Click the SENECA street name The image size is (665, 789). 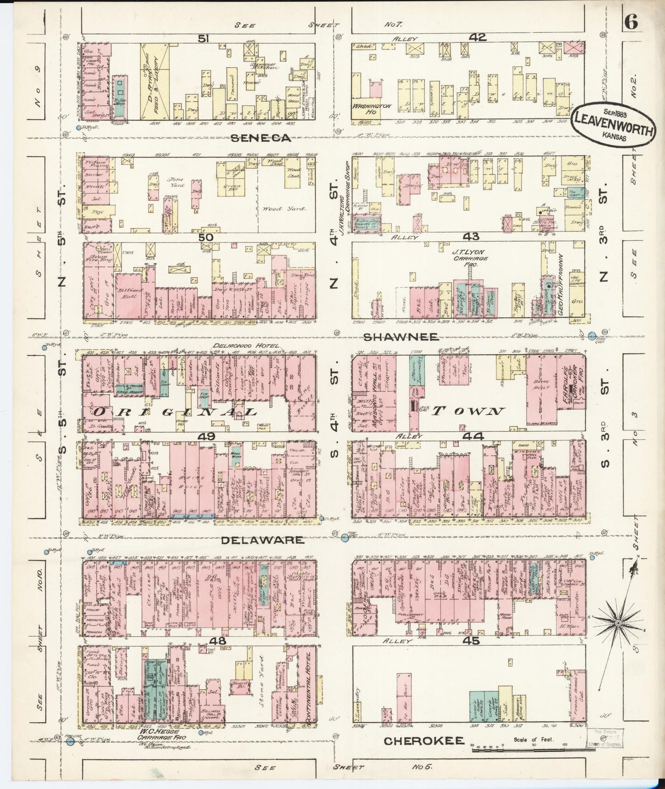tap(261, 138)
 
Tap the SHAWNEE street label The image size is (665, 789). tap(400, 337)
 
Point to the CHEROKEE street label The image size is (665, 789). tap(423, 741)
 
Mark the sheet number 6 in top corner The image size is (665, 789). tap(631, 23)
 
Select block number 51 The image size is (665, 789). tap(203, 39)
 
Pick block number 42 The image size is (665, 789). tap(478, 38)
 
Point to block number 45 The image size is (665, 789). tap(473, 641)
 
